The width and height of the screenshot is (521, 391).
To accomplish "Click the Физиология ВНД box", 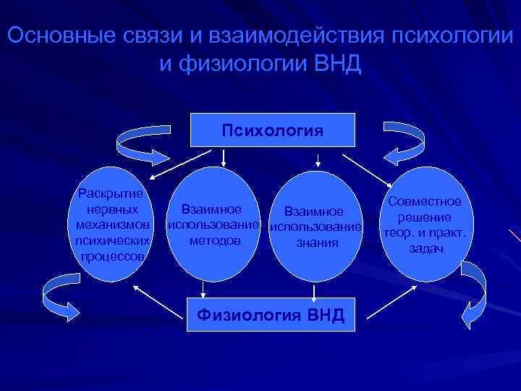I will tap(272, 314).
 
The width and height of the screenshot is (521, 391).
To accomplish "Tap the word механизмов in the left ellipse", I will tap(112, 224).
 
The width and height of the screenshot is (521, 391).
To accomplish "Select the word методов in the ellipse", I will tap(215, 240).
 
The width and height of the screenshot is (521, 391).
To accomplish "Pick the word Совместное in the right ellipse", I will tap(429, 202).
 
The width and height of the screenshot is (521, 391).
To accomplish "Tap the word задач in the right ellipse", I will tap(426, 248).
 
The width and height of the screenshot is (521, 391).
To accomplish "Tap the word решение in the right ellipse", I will tap(428, 217).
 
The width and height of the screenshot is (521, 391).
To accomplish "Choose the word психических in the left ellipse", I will tap(112, 240).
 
